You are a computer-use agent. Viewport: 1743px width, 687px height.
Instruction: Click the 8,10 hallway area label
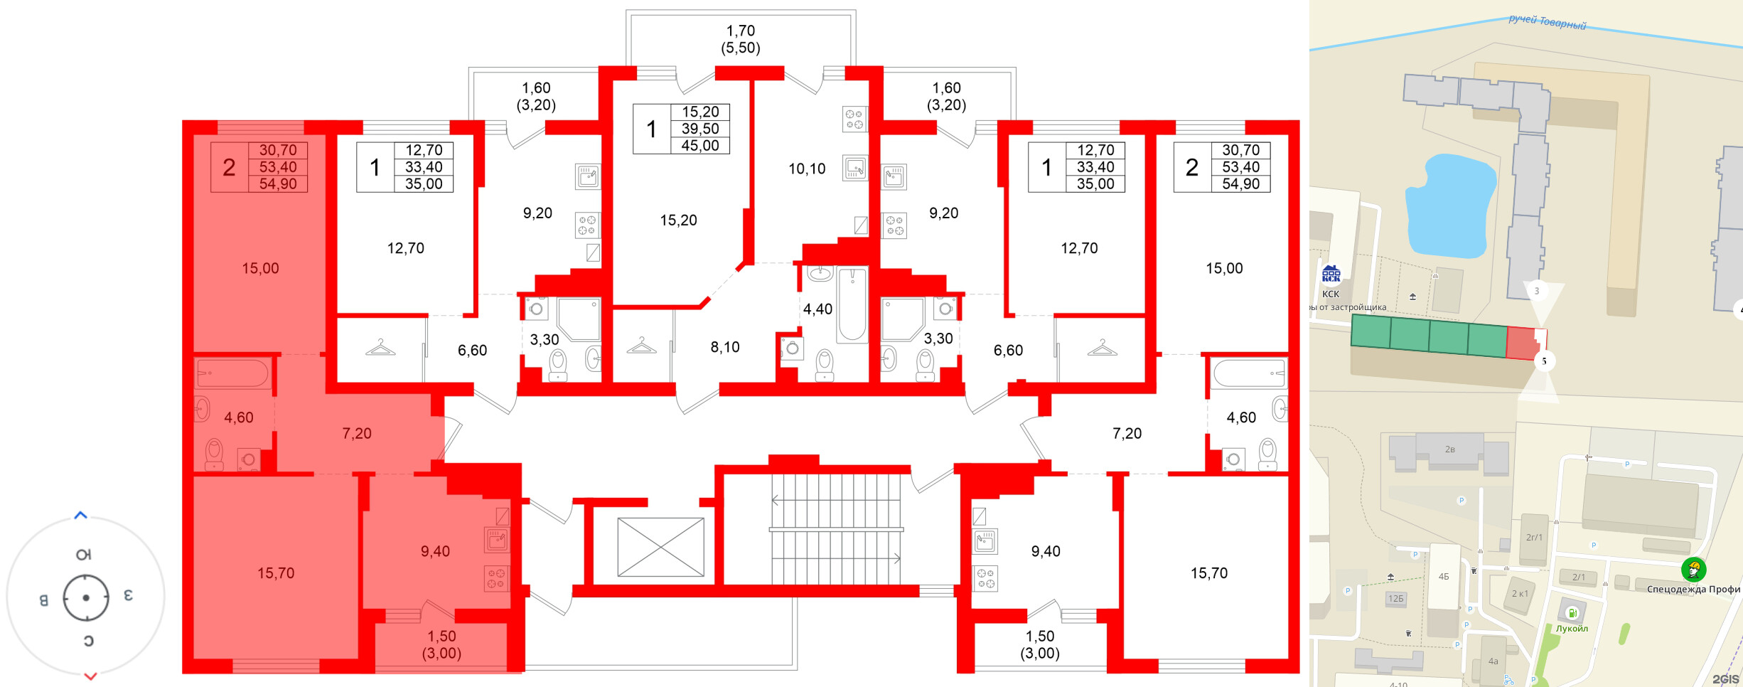(x=725, y=347)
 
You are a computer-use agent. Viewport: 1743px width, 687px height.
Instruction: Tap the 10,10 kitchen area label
(x=807, y=169)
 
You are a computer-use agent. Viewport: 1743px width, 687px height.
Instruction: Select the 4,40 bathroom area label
(x=817, y=309)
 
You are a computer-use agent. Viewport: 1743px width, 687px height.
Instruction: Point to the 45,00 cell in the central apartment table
(x=700, y=146)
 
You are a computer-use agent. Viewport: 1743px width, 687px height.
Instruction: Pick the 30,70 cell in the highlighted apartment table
(x=278, y=150)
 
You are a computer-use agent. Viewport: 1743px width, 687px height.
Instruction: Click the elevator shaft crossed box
(x=660, y=547)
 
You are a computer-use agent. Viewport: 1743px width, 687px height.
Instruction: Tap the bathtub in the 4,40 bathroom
(x=852, y=304)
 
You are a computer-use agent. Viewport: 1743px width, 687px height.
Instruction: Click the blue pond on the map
(x=1450, y=206)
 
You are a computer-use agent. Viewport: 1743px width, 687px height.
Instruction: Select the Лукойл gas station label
(x=1572, y=629)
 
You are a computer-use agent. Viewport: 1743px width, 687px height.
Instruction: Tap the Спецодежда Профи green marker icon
(x=1693, y=569)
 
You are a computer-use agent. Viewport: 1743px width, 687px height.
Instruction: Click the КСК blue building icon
(x=1331, y=275)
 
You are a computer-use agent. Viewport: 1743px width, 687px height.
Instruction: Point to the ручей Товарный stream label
(x=1548, y=22)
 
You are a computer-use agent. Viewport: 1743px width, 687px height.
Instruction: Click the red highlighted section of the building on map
(x=1523, y=343)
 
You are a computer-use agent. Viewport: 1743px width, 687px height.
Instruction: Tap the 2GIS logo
(x=1725, y=679)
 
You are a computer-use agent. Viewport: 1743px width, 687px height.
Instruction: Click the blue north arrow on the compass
(x=81, y=515)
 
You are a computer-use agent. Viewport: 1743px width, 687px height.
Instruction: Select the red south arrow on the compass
(x=90, y=676)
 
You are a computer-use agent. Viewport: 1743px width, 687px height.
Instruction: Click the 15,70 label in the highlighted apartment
(x=276, y=573)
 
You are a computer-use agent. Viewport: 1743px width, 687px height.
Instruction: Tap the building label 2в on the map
(x=1449, y=449)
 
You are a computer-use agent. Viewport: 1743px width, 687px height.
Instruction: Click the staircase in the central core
(x=836, y=529)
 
